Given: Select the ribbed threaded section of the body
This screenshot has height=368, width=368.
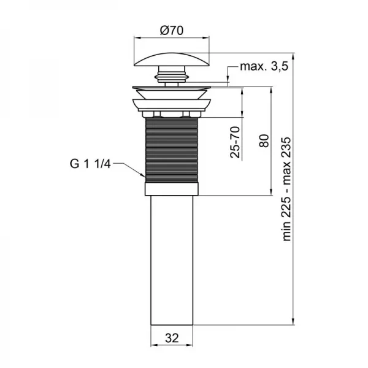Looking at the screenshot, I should [172, 147].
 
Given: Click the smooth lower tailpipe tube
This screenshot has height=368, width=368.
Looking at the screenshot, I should [172, 264].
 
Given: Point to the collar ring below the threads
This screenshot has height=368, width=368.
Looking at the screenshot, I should [172, 187].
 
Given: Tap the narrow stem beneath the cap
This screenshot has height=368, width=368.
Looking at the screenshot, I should [172, 77].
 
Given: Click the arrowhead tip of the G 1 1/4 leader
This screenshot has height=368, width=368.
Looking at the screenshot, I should [144, 177].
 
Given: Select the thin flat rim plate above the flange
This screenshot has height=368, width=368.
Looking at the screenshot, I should [172, 86].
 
